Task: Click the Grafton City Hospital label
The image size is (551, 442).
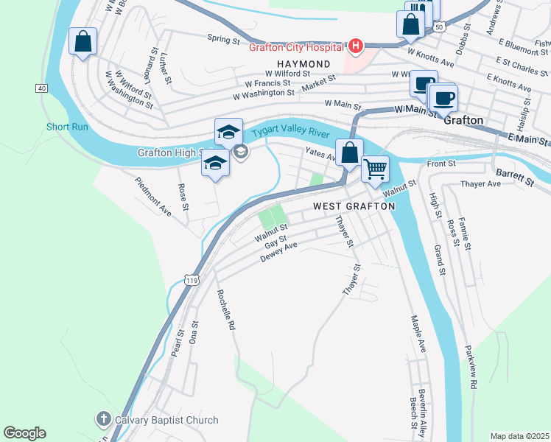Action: [295, 47]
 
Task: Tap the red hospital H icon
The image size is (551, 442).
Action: [356, 47]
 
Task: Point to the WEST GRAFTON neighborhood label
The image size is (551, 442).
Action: [354, 207]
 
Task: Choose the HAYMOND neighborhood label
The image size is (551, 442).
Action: [303, 64]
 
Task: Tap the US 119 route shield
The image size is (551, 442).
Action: [192, 281]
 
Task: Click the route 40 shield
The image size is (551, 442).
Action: [41, 88]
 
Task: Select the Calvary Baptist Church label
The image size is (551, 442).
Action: [167, 421]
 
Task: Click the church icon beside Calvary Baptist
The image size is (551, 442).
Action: [104, 420]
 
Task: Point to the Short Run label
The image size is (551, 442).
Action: [67, 127]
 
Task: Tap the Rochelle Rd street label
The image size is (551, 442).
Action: [226, 309]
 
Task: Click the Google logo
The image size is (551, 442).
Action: [24, 433]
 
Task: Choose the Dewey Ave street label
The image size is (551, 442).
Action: [278, 253]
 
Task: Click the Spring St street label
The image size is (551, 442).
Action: [223, 38]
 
